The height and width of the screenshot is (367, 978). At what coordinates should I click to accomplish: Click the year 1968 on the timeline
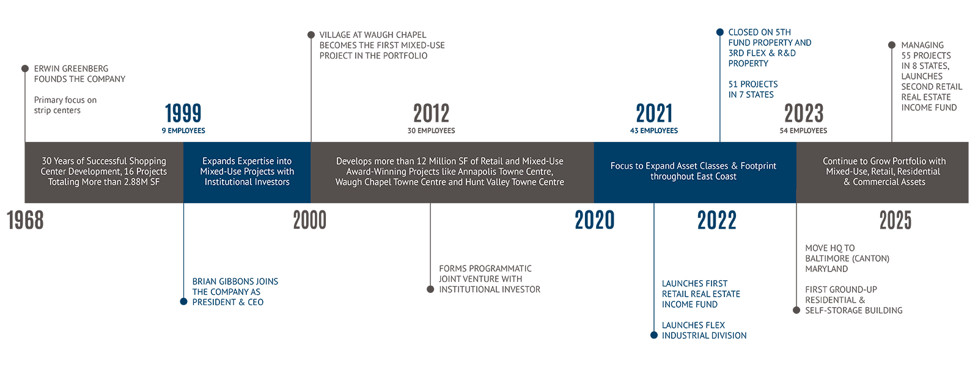coord(25,220)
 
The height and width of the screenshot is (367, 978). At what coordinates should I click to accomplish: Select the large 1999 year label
coord(183,113)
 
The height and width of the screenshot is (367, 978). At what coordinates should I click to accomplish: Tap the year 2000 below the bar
coord(309,220)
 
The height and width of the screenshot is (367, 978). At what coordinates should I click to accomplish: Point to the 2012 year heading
coord(432,113)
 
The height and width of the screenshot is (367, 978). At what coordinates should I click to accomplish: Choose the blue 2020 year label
coord(595,220)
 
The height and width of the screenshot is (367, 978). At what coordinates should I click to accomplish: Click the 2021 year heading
coord(654,113)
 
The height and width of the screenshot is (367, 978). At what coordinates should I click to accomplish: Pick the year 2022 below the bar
coord(717,220)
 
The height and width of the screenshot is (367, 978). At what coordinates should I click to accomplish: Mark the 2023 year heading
coord(804,113)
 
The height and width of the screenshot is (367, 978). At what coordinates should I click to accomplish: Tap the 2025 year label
coord(895,220)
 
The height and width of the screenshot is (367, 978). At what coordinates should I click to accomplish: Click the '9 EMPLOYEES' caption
coord(183,131)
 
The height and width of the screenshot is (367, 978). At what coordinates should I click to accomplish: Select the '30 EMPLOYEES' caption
coord(432,131)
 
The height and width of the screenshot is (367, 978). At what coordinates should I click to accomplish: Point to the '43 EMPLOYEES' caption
coord(654,131)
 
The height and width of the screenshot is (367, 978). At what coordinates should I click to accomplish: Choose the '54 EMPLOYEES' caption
coord(803,131)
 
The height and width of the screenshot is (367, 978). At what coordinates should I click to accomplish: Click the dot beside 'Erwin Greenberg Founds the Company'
coord(25,69)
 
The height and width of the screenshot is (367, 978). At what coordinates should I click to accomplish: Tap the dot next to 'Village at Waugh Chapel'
coord(311,35)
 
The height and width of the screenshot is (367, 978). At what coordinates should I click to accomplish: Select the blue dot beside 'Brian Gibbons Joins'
coord(183,302)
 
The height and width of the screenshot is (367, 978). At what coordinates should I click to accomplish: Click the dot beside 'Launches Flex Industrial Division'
coord(653,335)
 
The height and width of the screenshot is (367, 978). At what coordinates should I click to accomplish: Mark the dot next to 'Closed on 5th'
coord(720,32)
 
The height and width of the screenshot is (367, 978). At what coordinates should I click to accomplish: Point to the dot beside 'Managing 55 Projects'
coord(892,45)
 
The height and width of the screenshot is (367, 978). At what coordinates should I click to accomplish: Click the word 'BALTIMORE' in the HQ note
coord(826,258)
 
